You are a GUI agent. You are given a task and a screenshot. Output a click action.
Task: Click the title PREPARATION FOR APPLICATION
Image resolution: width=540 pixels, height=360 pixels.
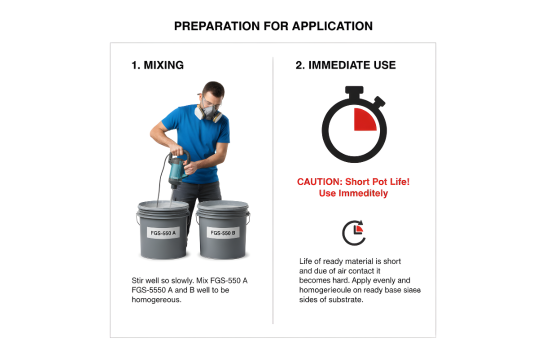pyautogui.click(x=273, y=26)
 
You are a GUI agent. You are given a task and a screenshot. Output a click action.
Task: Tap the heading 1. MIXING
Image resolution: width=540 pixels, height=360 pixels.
pyautogui.click(x=157, y=65)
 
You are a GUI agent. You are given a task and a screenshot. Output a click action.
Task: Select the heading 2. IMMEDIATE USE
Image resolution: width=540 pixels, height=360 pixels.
pyautogui.click(x=345, y=65)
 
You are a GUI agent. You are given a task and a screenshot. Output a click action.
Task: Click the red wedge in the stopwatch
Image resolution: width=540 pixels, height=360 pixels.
pyautogui.click(x=364, y=119)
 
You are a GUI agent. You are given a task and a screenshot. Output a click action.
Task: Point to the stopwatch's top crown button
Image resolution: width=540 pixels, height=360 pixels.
pyautogui.click(x=354, y=91)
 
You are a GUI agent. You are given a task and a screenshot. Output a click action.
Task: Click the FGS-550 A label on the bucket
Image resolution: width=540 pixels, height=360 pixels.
pyautogui.click(x=163, y=233)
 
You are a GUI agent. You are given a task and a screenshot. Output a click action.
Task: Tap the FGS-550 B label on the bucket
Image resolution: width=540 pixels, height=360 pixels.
pyautogui.click(x=223, y=233)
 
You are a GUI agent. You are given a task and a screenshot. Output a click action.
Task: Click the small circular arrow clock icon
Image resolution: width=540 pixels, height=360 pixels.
pyautogui.click(x=354, y=233)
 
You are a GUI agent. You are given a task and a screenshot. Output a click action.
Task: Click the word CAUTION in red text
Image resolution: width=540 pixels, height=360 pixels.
pyautogui.click(x=319, y=182)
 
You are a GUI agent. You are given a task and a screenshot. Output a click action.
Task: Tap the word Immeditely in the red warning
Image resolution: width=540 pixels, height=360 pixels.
pyautogui.click(x=363, y=193)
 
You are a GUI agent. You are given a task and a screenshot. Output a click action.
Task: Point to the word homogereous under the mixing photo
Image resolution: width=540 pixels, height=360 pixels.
pyautogui.click(x=156, y=300)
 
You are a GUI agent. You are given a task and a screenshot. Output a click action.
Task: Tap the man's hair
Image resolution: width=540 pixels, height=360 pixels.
pyautogui.click(x=214, y=89)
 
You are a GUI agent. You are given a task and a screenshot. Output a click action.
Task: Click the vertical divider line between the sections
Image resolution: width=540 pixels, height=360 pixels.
pyautogui.click(x=273, y=190)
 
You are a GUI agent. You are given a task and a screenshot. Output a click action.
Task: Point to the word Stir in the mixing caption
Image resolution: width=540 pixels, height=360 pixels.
pyautogui.click(x=137, y=280)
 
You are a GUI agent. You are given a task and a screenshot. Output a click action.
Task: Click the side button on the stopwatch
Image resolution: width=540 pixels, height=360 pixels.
pyautogui.click(x=379, y=102)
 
